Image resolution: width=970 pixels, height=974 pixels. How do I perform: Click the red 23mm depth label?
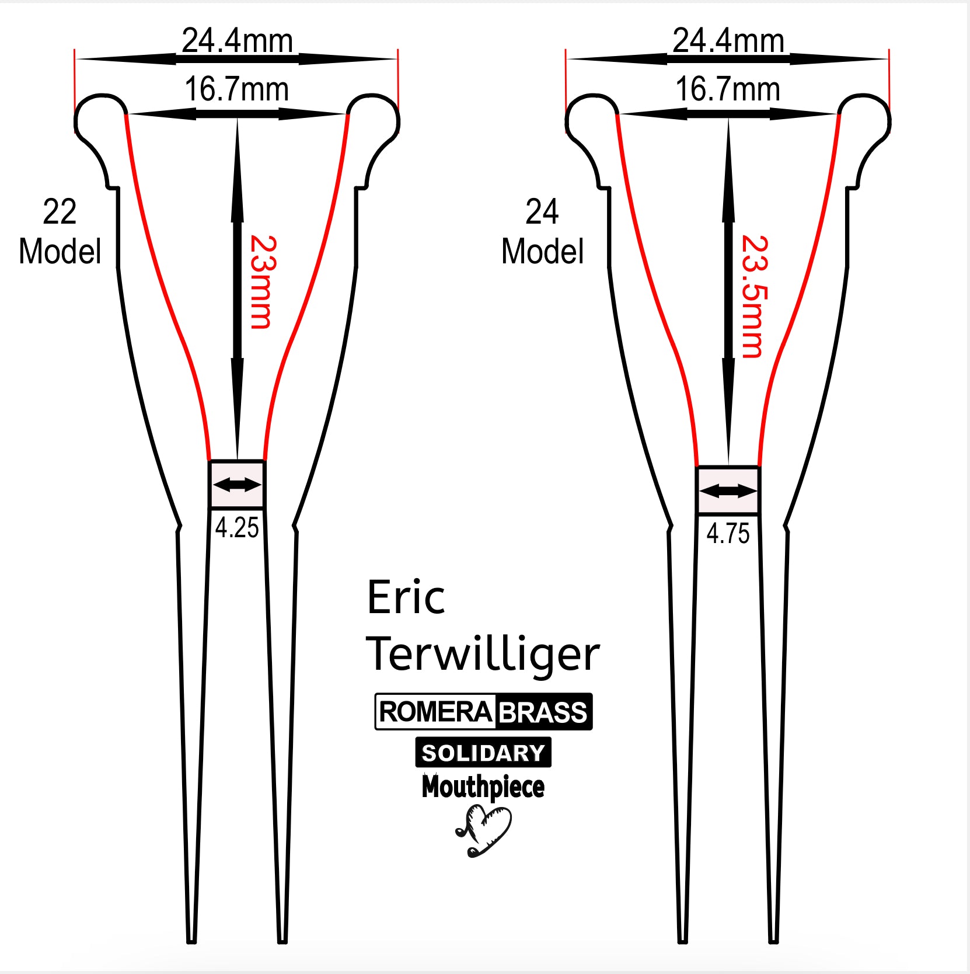[x=260, y=282]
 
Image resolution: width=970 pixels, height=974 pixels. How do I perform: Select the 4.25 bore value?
[x=236, y=528]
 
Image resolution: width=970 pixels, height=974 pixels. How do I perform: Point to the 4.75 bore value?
[x=728, y=534]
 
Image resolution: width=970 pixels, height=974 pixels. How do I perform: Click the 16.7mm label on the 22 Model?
[x=236, y=89]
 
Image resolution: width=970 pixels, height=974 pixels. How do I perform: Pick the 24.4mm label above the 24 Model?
[x=728, y=40]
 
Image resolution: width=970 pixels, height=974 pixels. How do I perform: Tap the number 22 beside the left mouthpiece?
[x=60, y=211]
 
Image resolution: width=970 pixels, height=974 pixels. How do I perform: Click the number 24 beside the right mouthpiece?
[x=542, y=211]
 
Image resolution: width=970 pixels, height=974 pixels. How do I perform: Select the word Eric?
[x=406, y=597]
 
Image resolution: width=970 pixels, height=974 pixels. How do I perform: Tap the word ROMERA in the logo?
[x=436, y=712]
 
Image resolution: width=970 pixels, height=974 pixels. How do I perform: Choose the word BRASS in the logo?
[x=543, y=712]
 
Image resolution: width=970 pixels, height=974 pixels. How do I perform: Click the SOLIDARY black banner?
[x=483, y=753]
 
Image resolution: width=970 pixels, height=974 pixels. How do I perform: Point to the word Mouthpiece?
[x=483, y=787]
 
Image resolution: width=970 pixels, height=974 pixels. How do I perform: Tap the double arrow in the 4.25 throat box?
[x=237, y=484]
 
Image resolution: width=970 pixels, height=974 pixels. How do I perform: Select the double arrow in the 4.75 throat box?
[x=728, y=491]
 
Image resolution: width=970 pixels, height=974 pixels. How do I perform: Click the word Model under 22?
[x=60, y=251]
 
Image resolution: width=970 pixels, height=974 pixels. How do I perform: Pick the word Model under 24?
[x=542, y=251]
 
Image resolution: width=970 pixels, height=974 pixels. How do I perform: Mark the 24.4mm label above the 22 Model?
[x=236, y=40]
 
